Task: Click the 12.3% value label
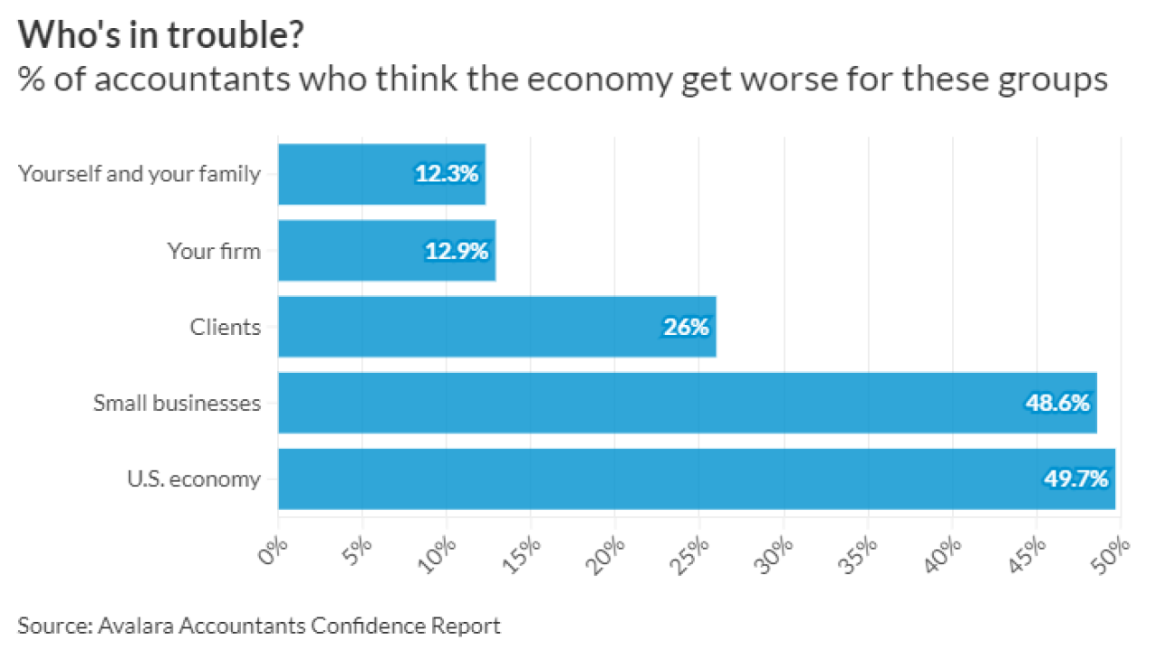pyautogui.click(x=447, y=173)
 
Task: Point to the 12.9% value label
pyautogui.click(x=457, y=250)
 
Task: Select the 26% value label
pyautogui.click(x=686, y=326)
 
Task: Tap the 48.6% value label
pyautogui.click(x=1058, y=403)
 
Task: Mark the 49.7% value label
pyautogui.click(x=1076, y=478)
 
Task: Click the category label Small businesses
pyautogui.click(x=177, y=403)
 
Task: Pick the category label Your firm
pyautogui.click(x=214, y=250)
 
